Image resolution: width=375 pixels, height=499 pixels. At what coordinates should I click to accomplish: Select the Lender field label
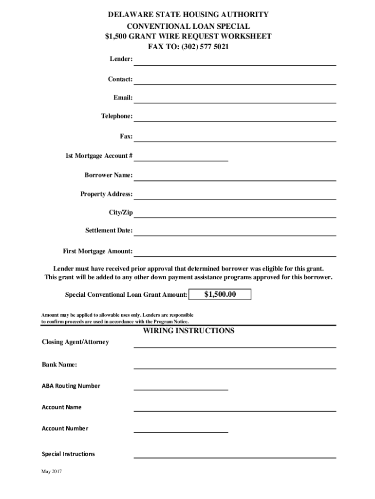(x=120, y=59)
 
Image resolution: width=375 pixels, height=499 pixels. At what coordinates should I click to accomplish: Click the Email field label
(x=123, y=97)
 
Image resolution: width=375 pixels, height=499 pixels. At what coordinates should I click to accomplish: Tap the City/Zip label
(x=120, y=212)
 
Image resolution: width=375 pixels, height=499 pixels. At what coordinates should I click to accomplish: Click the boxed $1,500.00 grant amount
(x=220, y=294)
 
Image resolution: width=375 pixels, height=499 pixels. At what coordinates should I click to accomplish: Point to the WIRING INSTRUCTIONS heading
(x=188, y=331)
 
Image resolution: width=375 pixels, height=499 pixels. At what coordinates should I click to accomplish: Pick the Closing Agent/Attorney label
(x=75, y=342)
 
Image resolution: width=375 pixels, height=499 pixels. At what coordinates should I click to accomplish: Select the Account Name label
(x=61, y=407)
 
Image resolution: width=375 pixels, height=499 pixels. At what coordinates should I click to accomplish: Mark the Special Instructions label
(x=68, y=454)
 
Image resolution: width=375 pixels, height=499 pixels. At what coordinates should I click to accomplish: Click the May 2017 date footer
(x=52, y=472)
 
